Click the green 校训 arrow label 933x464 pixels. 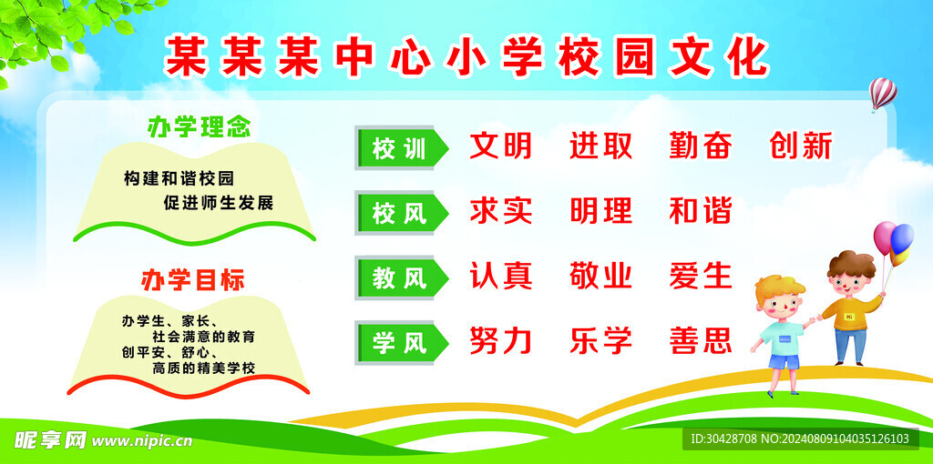coord(401,148)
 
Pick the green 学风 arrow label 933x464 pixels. coord(401,343)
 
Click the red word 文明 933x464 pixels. coord(500,146)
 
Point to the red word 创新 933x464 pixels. coord(801,146)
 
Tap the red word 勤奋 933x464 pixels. coord(700,146)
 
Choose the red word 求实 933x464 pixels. coord(500,211)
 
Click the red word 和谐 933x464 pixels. coord(700,211)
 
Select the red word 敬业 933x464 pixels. coord(600,276)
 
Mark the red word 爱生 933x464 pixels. coord(700,276)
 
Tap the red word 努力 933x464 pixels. coord(500,341)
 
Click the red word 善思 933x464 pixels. coord(700,341)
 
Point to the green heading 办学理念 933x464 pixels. coord(199,126)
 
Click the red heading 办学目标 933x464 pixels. coord(192,280)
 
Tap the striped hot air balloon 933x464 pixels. coord(882,92)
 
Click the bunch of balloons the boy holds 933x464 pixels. coord(893,241)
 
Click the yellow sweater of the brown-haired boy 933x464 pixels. coord(852,314)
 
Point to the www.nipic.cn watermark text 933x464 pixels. coord(142,440)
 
